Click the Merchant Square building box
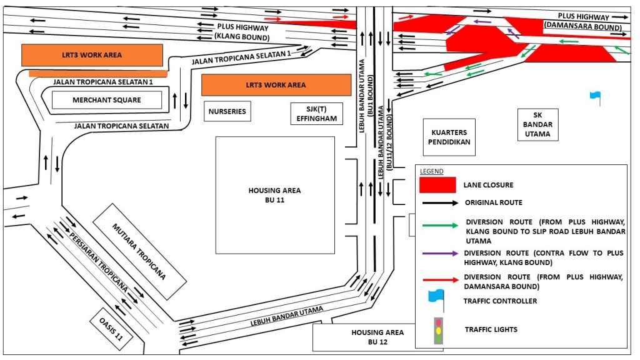coord(106,100)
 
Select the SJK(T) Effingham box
coord(317,114)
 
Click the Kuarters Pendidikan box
coord(449,137)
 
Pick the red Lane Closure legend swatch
coord(437,185)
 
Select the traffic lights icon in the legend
coord(439,329)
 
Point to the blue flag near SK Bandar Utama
coord(595,97)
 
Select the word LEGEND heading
coord(431,171)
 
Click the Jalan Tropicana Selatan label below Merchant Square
coord(122,126)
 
